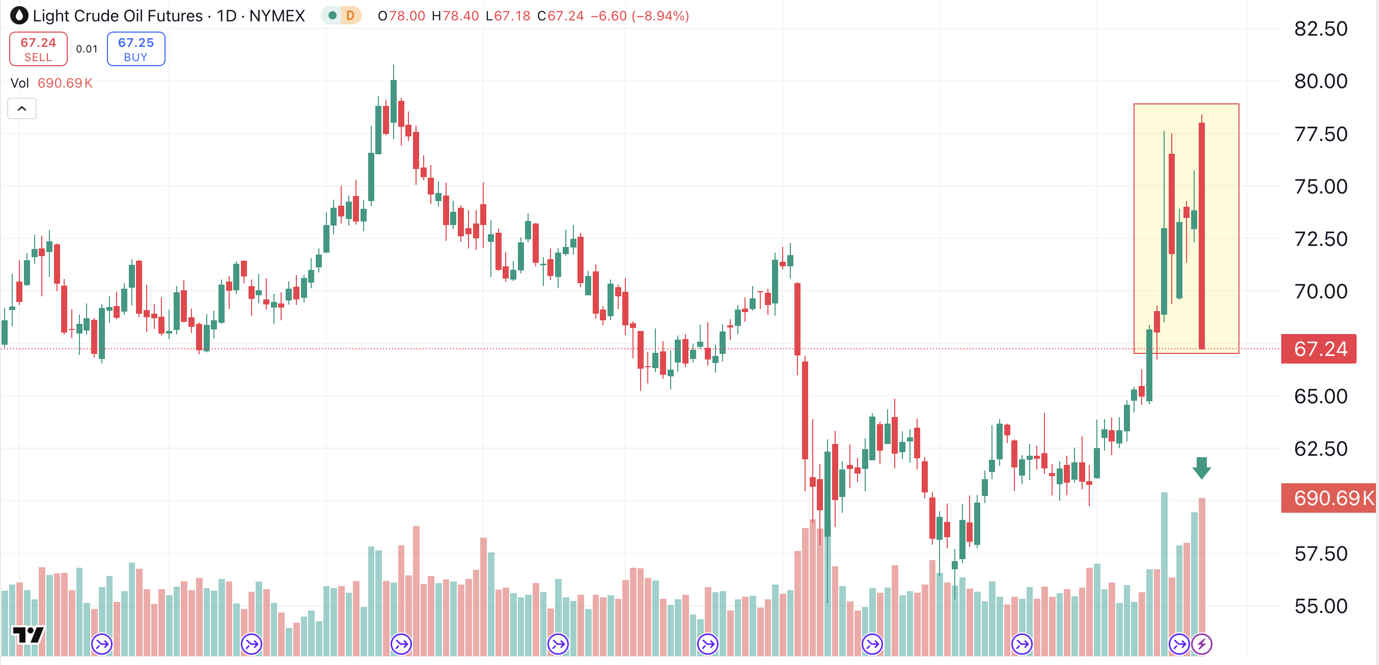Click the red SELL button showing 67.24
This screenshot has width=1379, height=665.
(38, 49)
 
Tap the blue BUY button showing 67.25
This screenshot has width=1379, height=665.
(136, 49)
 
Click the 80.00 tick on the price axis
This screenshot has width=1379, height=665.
(1320, 81)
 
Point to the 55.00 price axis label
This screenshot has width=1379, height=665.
(1320, 606)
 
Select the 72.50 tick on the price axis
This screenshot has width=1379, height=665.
(1320, 239)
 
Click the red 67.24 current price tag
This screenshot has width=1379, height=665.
(1318, 349)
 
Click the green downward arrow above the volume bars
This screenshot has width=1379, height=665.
(1201, 468)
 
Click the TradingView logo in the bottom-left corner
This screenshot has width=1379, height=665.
(28, 635)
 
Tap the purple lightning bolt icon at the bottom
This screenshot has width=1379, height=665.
(1202, 644)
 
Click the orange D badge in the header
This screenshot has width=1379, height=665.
(350, 15)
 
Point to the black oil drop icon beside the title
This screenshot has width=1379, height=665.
(19, 15)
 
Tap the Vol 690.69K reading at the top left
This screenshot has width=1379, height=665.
(51, 83)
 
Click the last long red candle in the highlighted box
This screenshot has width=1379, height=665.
(1202, 236)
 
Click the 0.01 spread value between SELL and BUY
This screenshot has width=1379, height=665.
(87, 49)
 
